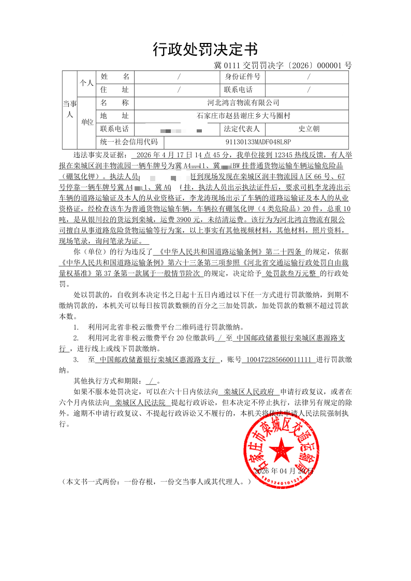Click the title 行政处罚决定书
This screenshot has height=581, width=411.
(205, 50)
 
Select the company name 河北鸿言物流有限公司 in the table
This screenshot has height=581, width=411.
(243, 103)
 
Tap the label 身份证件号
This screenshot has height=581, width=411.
(242, 77)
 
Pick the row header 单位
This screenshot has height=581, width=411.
(87, 123)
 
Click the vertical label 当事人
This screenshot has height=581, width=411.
(70, 110)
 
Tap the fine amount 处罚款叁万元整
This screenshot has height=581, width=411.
(292, 274)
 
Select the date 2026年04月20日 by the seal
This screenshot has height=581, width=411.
(284, 471)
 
